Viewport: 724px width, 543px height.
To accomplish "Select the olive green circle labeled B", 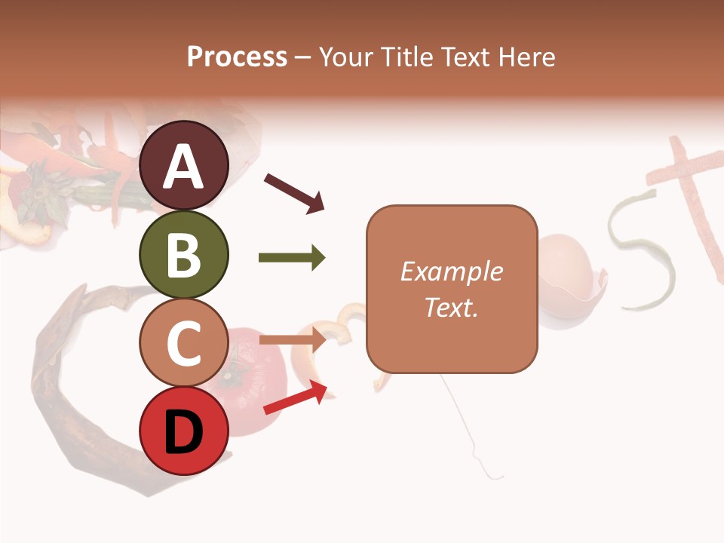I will pos(183,255).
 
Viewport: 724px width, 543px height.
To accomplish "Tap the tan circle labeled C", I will pos(183,343).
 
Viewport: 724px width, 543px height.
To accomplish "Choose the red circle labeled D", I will pos(183,431).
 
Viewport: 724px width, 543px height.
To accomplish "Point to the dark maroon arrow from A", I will pos(293,192).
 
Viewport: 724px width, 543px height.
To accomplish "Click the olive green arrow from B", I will pos(291,258).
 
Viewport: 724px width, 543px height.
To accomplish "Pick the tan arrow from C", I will pos(291,340).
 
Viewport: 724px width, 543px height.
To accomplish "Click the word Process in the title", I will pos(237,57).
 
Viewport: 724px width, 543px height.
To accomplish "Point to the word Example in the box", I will pos(451,271).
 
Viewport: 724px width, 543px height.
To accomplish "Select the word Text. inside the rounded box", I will pos(451,307).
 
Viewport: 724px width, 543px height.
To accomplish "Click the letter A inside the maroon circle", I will pos(183,167).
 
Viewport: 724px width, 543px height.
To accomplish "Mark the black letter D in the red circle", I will pos(183,433).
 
